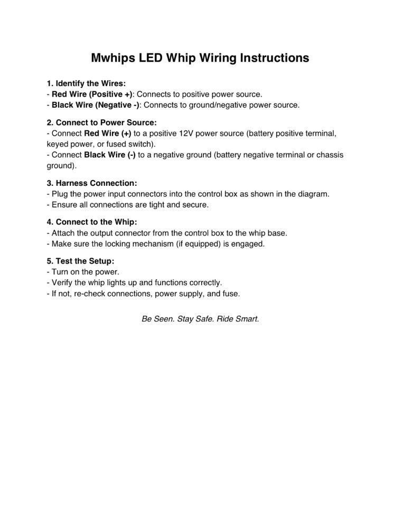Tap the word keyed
pyautogui.click(x=58, y=144)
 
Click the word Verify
pyautogui.click(x=63, y=282)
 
